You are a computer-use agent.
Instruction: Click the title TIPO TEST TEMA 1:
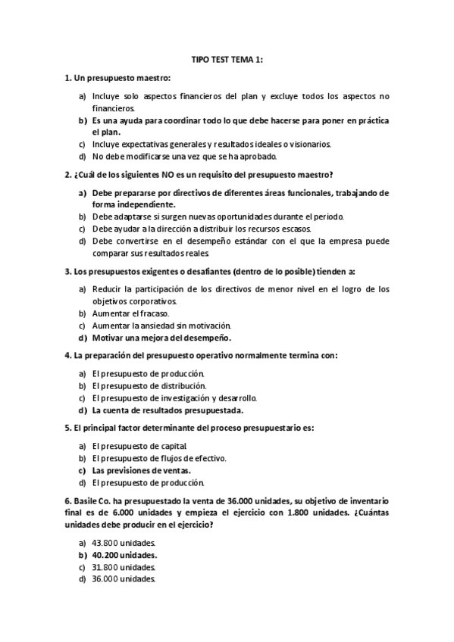[x=227, y=59]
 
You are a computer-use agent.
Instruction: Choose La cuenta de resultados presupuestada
[x=167, y=410]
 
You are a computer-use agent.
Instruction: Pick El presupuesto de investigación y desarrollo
[x=174, y=397]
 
